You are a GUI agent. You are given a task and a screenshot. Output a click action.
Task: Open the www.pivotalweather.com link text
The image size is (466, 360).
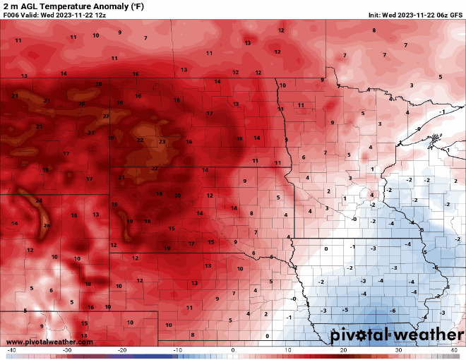coord(49,342)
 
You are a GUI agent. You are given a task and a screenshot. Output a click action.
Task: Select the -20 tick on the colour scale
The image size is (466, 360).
coord(122,350)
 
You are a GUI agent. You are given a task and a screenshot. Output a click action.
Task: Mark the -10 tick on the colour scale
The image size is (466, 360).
coord(177,350)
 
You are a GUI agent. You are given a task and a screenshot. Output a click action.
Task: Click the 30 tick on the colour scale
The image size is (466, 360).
coord(398,350)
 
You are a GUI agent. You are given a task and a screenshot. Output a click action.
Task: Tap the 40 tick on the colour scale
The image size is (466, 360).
coord(453,350)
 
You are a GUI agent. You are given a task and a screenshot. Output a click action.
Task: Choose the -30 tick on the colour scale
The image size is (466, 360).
coord(67,350)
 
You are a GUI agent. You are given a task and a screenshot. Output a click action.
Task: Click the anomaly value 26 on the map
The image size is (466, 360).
coord(47,226)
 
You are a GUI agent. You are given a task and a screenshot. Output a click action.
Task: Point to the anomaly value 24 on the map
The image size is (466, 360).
coord(39,201)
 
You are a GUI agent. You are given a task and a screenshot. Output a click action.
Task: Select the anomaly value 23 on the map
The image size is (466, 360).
coord(162,142)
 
